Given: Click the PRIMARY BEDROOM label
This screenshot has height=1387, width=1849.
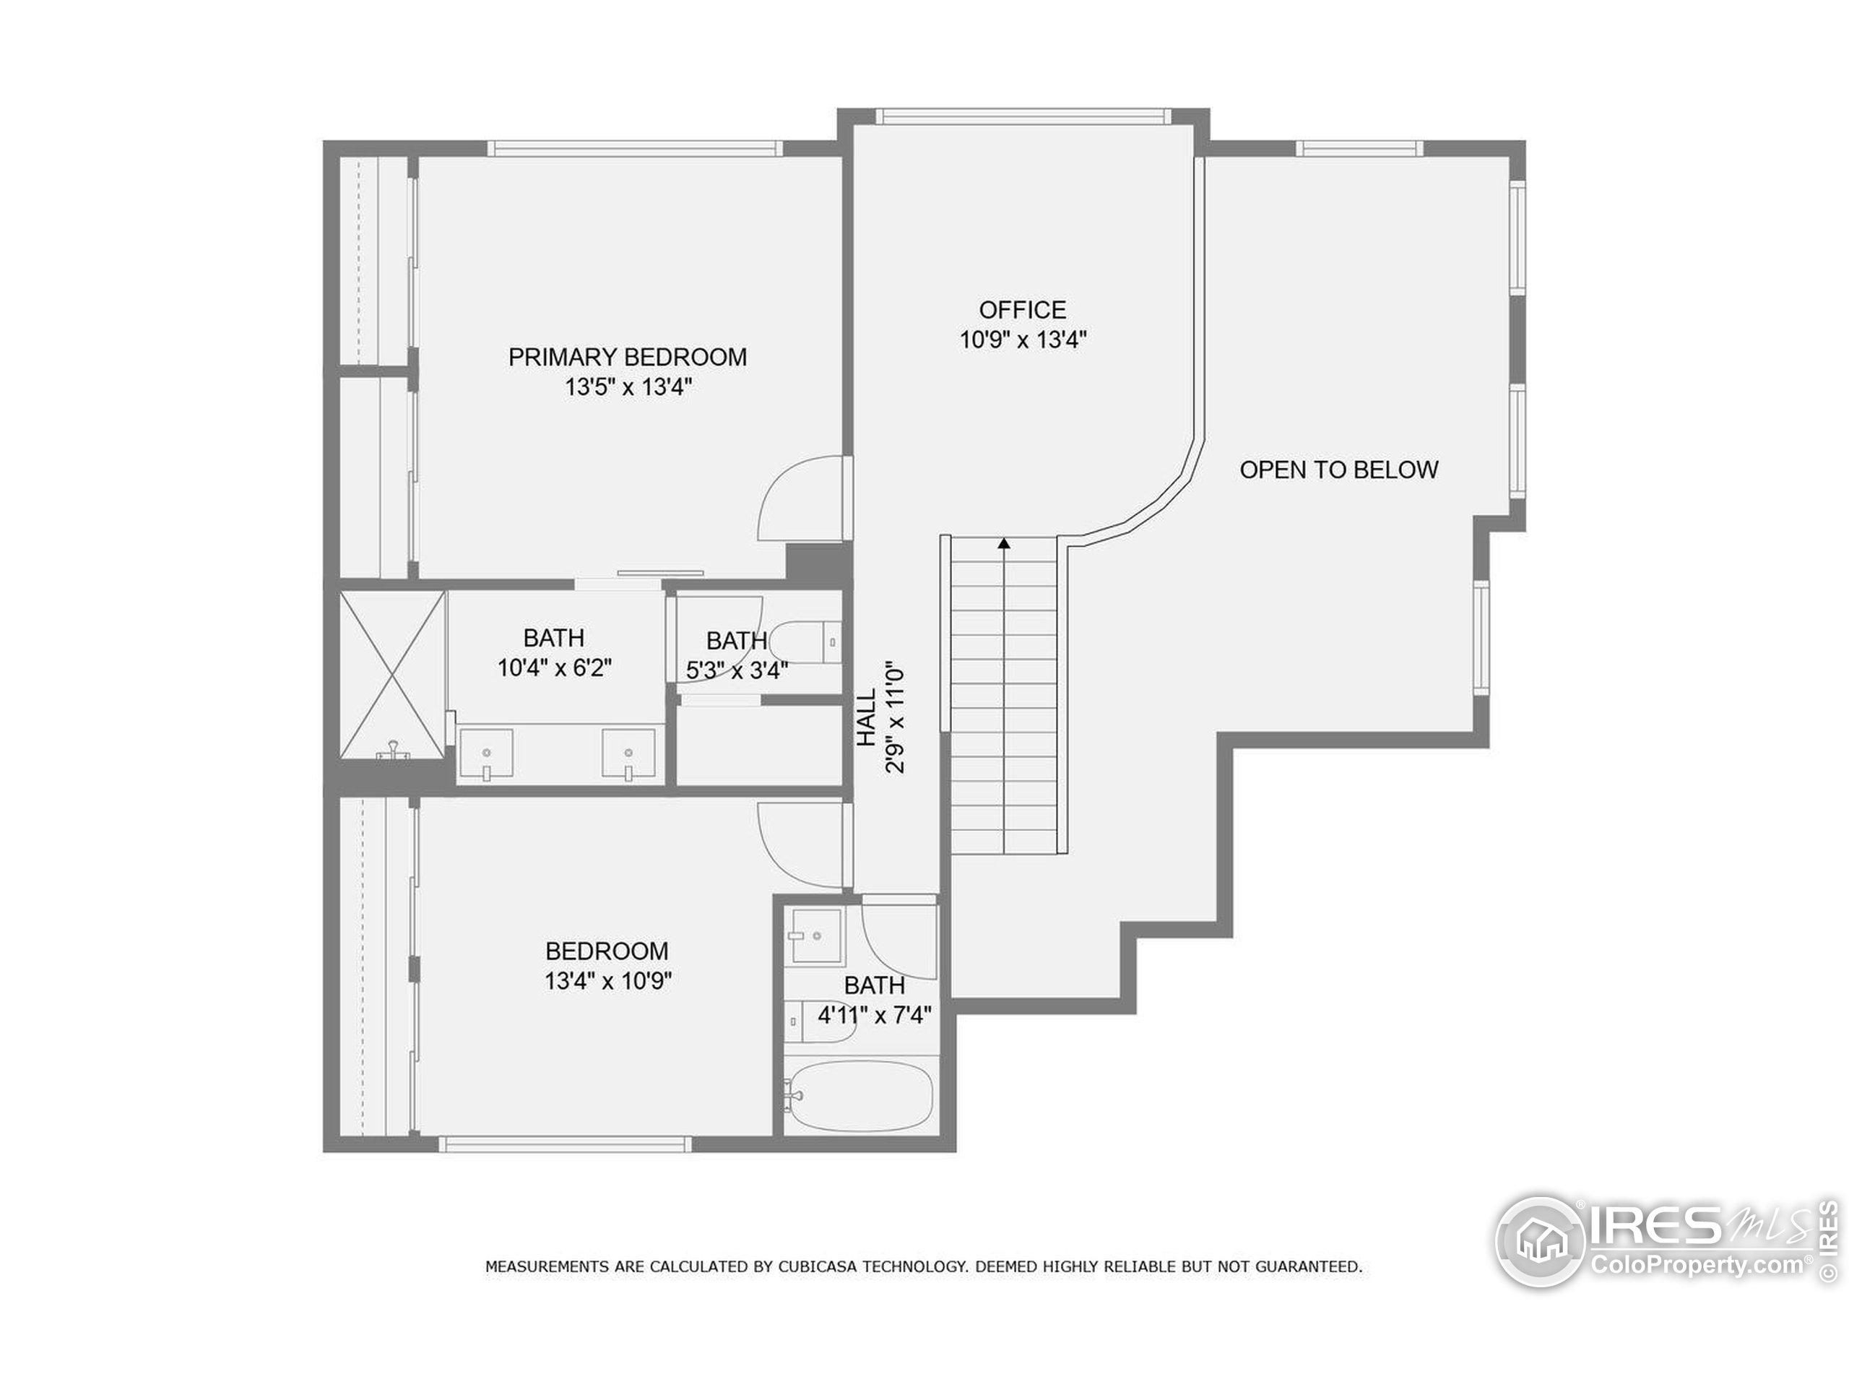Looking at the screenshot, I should tap(627, 357).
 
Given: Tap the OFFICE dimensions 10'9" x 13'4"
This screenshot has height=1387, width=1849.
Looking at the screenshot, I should tap(1022, 340).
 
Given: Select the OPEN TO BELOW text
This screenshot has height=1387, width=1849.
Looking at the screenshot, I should tap(1338, 470).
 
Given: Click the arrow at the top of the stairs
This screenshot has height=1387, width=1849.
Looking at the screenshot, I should tap(1004, 543).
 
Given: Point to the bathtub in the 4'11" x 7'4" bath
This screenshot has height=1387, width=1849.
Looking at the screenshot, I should tap(861, 1096).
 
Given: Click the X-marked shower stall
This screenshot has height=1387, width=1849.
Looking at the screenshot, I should tap(392, 675).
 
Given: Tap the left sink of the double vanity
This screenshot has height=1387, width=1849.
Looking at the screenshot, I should tap(485, 754).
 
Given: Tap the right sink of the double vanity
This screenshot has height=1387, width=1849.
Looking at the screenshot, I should tap(628, 754).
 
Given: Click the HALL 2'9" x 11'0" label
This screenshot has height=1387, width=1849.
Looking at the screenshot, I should tap(880, 719).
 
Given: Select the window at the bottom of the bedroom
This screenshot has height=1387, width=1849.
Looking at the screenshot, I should tap(565, 1144).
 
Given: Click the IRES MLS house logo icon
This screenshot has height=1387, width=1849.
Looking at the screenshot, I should tap(1540, 1242).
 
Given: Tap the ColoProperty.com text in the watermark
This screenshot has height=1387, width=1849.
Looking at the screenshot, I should tap(1697, 1264).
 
